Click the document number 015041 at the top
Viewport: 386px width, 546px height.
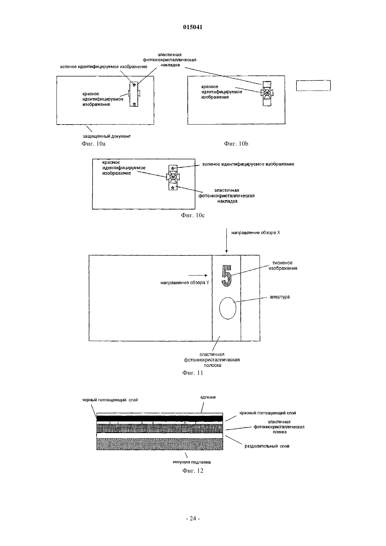pyautogui.click(x=193, y=27)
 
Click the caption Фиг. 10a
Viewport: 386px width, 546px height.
pyautogui.click(x=94, y=144)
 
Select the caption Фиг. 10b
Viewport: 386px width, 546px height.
pyautogui.click(x=236, y=144)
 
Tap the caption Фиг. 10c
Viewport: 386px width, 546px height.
pyautogui.click(x=193, y=215)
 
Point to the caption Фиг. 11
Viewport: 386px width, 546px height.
pyautogui.click(x=193, y=373)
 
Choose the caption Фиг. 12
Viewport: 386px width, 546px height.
pyautogui.click(x=193, y=471)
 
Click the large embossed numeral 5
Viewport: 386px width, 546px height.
pyautogui.click(x=226, y=276)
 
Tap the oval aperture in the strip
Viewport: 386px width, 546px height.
pyautogui.click(x=228, y=308)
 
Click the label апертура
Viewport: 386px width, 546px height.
pyautogui.click(x=280, y=297)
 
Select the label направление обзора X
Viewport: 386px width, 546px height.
pyautogui.click(x=255, y=233)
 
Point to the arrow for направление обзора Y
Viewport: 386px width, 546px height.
pyautogui.click(x=198, y=275)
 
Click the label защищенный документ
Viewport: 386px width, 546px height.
pyautogui.click(x=107, y=136)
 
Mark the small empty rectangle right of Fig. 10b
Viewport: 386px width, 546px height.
pyautogui.click(x=313, y=86)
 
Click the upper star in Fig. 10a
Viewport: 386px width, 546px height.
pyautogui.click(x=134, y=85)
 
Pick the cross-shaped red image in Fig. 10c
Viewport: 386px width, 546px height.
pyautogui.click(x=173, y=177)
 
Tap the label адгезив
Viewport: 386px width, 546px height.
pyautogui.click(x=208, y=398)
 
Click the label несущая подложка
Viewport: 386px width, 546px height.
pyautogui.click(x=192, y=462)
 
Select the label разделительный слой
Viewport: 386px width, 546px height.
pyautogui.click(x=267, y=446)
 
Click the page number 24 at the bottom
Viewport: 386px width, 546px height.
pyautogui.click(x=193, y=518)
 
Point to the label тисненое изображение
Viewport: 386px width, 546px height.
pyautogui.click(x=283, y=265)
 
